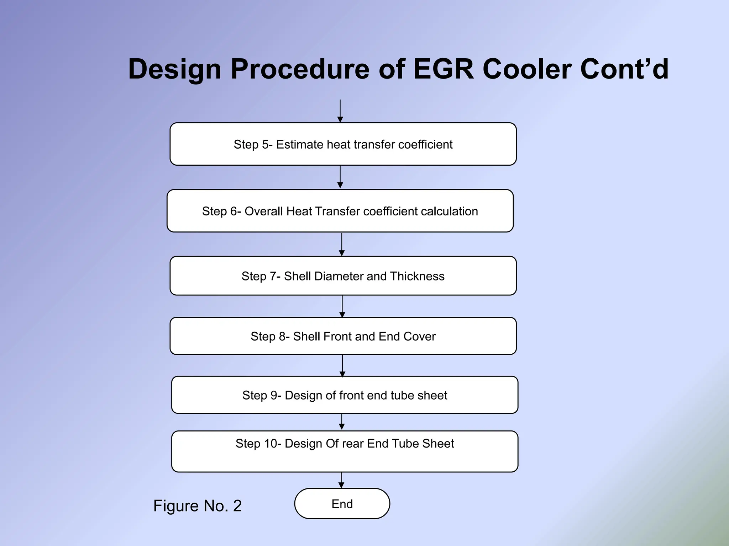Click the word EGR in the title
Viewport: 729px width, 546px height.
tap(443, 69)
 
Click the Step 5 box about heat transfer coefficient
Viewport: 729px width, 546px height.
tap(343, 144)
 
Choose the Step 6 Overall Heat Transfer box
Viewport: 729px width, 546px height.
tap(340, 211)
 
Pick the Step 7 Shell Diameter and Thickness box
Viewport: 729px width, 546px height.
tap(343, 276)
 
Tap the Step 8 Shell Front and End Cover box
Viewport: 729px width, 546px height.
tap(343, 336)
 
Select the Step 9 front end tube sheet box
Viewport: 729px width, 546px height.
tap(345, 395)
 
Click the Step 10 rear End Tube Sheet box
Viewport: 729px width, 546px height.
tap(345, 451)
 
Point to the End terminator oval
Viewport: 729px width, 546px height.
tap(342, 504)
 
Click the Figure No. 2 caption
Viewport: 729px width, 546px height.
tap(197, 506)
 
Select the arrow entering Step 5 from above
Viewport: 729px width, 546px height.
tap(340, 111)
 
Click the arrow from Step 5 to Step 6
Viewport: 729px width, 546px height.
tap(340, 177)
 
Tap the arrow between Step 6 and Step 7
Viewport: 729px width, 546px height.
tap(342, 245)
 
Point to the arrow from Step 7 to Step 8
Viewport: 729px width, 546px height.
tap(342, 306)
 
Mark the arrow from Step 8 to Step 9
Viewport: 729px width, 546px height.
tap(342, 366)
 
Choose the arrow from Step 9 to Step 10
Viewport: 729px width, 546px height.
tap(342, 422)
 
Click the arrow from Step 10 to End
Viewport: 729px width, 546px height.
tap(341, 480)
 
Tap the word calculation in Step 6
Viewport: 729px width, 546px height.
tap(449, 211)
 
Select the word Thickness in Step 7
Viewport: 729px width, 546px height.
tap(417, 276)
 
